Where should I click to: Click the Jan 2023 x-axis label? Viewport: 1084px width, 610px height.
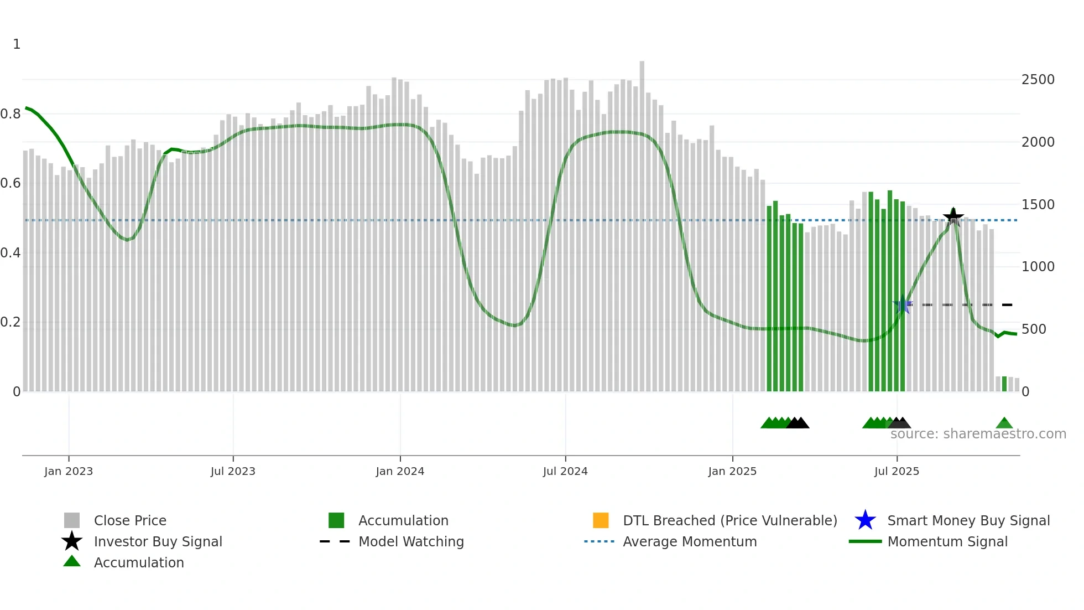click(69, 471)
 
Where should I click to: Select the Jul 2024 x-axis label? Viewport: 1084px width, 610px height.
click(565, 471)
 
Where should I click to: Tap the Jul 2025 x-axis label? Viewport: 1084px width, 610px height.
click(897, 471)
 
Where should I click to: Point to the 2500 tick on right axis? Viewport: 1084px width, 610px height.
click(1038, 80)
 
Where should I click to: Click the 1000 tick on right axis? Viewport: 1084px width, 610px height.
click(1038, 267)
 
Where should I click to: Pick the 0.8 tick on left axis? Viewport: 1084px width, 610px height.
click(11, 114)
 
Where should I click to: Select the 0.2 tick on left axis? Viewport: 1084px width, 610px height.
click(11, 322)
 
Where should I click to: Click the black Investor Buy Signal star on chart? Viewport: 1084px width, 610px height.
click(953, 216)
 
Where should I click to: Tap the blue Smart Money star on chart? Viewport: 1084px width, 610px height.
click(903, 304)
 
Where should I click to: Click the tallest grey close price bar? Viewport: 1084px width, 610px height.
click(642, 221)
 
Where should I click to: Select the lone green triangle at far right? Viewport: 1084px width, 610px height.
click(1004, 423)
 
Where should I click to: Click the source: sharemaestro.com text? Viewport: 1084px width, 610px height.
click(978, 434)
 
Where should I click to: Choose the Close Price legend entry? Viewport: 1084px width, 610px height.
click(130, 520)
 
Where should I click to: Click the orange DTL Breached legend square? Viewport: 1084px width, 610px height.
click(601, 520)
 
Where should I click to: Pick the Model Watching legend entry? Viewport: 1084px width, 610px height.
click(410, 541)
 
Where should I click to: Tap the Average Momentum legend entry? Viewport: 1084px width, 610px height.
click(689, 541)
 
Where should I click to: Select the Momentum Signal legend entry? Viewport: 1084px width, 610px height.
click(947, 541)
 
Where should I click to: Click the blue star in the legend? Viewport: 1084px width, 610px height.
click(865, 520)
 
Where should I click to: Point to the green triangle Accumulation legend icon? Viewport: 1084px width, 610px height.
click(72, 561)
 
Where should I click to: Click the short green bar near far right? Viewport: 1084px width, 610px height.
click(1004, 384)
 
